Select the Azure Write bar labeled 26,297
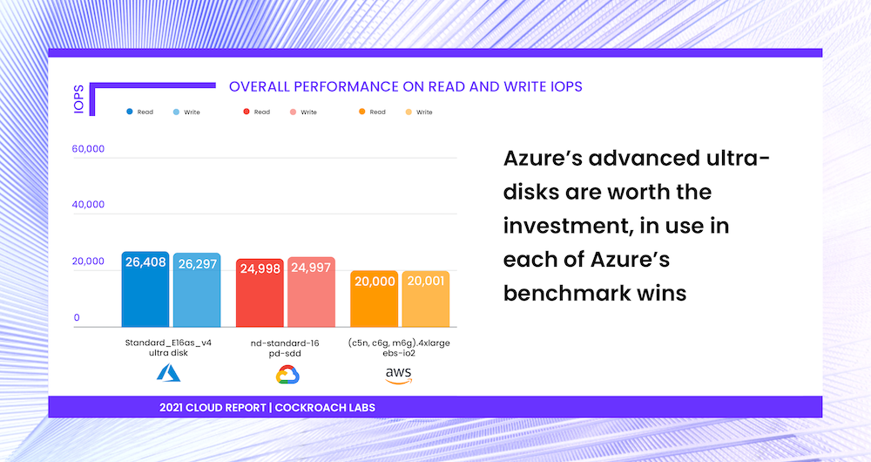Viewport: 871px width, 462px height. click(x=197, y=290)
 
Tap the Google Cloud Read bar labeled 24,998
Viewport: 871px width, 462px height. click(x=260, y=293)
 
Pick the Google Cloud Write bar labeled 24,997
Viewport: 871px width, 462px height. click(x=311, y=292)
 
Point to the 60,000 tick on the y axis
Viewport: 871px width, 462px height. click(x=88, y=149)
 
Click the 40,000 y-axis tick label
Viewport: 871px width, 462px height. click(x=88, y=205)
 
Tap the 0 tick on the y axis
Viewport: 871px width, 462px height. click(x=77, y=318)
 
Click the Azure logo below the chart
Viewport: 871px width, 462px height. click(x=167, y=373)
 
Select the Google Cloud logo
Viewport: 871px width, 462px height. click(x=287, y=375)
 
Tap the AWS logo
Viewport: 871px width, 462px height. click(x=399, y=375)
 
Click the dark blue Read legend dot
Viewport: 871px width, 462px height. click(x=130, y=112)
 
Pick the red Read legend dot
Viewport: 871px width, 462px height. click(x=247, y=112)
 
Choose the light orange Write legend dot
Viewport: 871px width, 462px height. click(x=408, y=112)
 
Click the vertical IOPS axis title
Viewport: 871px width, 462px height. click(x=78, y=99)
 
